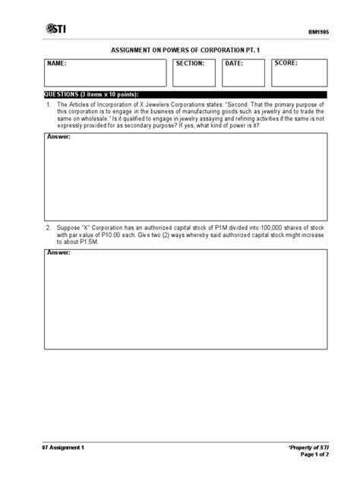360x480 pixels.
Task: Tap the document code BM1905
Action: [317, 34]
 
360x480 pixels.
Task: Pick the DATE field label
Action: [234, 64]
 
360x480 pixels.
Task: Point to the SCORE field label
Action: [286, 63]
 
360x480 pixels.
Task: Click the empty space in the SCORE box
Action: [299, 77]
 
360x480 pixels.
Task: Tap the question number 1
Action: [48, 103]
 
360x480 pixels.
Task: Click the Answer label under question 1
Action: [58, 137]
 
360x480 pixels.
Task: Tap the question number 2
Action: [48, 227]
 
